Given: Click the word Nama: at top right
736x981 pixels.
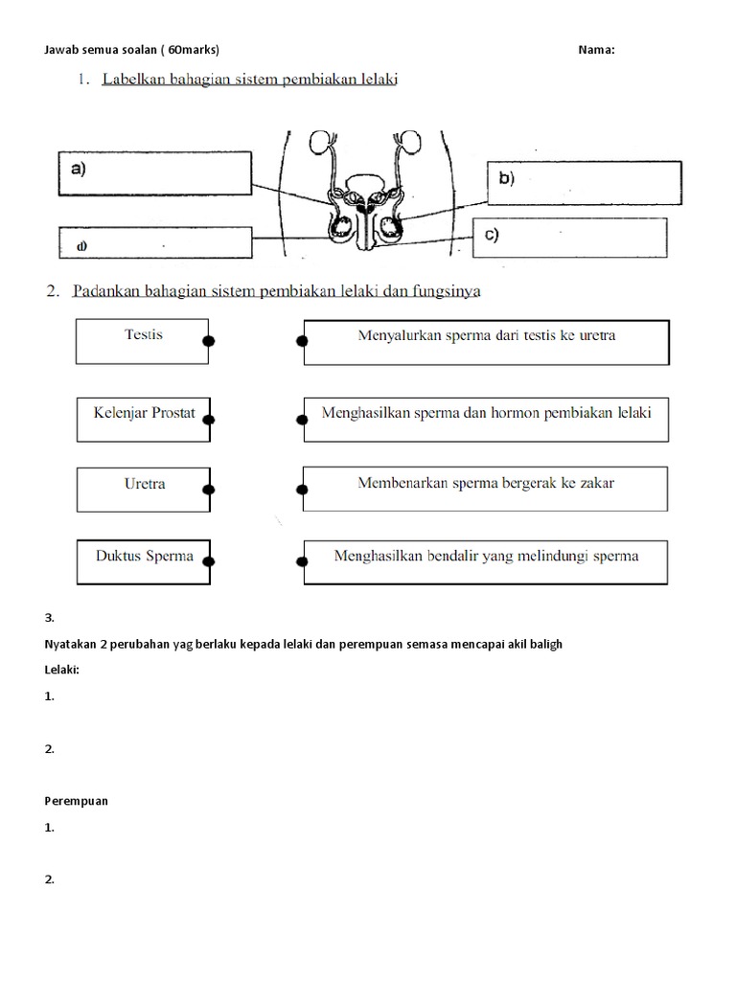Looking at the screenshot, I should click(x=596, y=51).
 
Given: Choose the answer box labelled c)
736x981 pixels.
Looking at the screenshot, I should click(x=567, y=238).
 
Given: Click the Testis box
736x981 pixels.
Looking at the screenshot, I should click(x=143, y=341).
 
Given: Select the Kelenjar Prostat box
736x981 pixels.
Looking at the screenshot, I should click(x=144, y=419).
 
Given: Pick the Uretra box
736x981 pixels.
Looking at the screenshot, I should click(x=144, y=489).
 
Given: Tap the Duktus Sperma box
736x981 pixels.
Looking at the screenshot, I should click(x=144, y=561).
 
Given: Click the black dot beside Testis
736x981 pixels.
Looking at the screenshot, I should click(x=208, y=340).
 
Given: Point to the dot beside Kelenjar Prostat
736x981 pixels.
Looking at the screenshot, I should click(x=209, y=420).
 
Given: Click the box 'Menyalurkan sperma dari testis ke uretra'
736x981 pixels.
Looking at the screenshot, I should click(x=486, y=342).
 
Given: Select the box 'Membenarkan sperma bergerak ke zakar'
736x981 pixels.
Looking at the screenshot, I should click(x=486, y=489).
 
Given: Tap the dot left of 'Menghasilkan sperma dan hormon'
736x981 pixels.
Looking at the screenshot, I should click(x=303, y=420).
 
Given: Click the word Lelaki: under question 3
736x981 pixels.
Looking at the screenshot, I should click(x=61, y=671).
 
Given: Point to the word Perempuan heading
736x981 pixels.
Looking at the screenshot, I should click(x=76, y=801).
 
